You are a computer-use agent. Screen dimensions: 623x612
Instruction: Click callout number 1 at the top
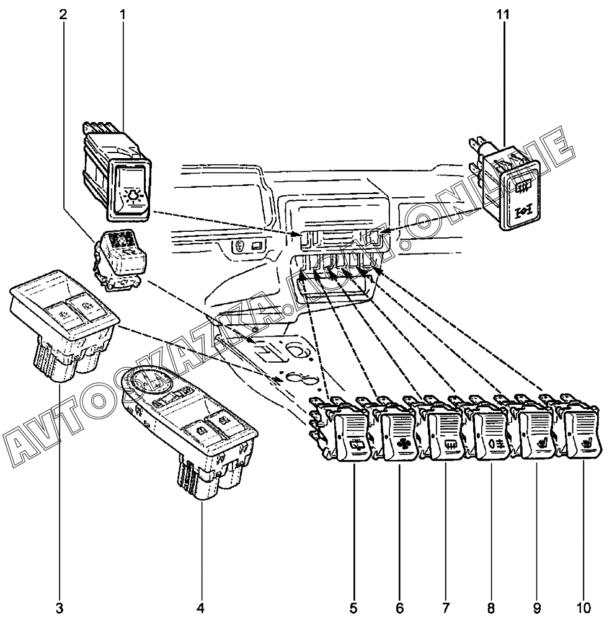tap(122, 13)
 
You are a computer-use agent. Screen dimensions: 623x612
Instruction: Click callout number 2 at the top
tap(63, 13)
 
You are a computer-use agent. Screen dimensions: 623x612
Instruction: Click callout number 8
tap(491, 606)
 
